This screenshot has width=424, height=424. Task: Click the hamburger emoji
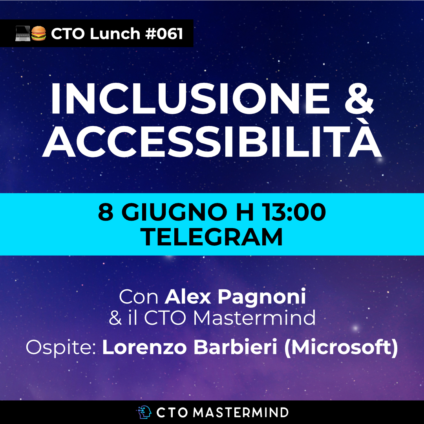[x=38, y=33]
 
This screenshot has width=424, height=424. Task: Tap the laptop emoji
[x=22, y=33]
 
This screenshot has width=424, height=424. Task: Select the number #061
[x=164, y=34]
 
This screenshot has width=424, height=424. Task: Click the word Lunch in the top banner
[x=115, y=33]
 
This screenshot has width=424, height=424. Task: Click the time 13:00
[x=294, y=212]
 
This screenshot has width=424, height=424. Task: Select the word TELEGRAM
[x=212, y=237]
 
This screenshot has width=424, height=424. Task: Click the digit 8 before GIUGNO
[x=106, y=212]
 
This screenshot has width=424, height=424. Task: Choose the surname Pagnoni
[x=262, y=298]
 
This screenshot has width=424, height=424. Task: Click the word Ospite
[x=61, y=348]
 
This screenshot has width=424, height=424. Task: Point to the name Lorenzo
[x=144, y=347]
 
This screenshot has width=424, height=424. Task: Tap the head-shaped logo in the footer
[x=144, y=412]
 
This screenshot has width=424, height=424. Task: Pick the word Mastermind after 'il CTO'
[x=254, y=318]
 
